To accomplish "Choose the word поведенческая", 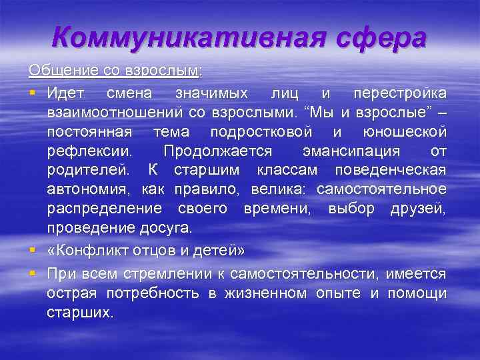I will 392,171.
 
